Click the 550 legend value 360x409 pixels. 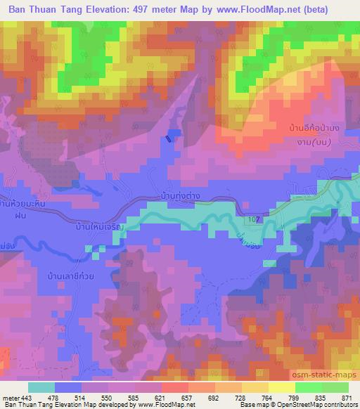click(x=105, y=397)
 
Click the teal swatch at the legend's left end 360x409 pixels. click(x=41, y=387)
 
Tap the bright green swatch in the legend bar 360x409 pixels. click(x=308, y=387)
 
